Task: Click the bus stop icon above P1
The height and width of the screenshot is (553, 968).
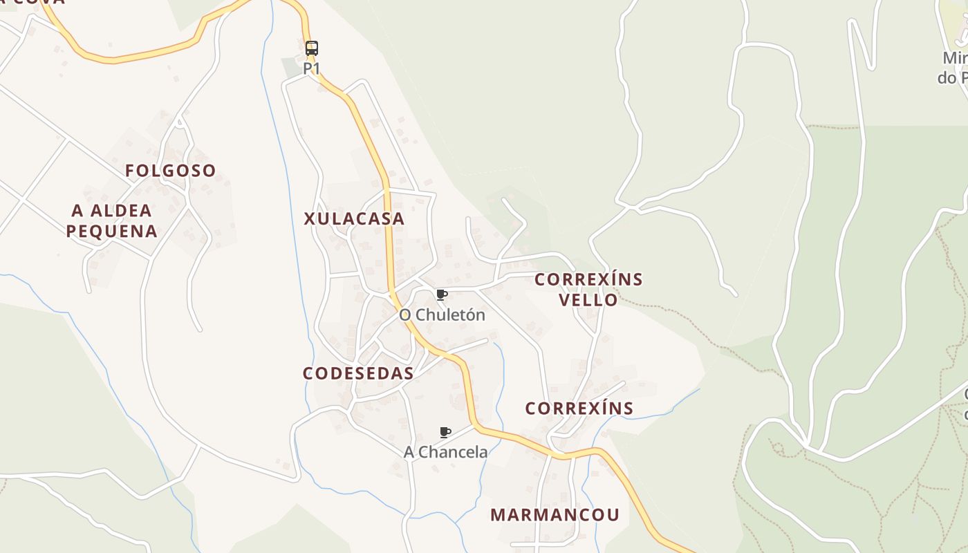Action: pyautogui.click(x=312, y=48)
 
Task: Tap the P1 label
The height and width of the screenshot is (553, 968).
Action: pyautogui.click(x=312, y=68)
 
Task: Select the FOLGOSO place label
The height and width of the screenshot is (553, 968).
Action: pyautogui.click(x=170, y=171)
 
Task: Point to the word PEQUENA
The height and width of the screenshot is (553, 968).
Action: pyautogui.click(x=112, y=231)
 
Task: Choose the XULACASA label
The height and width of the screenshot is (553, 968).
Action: pyautogui.click(x=354, y=219)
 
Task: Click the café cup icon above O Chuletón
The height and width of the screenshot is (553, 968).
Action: pyautogui.click(x=443, y=295)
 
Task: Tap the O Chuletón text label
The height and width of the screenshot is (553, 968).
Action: pyautogui.click(x=443, y=315)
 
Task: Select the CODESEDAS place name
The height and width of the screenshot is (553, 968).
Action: pyautogui.click(x=358, y=374)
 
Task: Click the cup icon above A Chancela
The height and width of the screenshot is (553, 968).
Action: pyautogui.click(x=445, y=433)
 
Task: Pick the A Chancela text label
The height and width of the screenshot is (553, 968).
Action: pyautogui.click(x=445, y=452)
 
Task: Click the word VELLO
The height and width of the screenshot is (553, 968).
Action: pyautogui.click(x=588, y=300)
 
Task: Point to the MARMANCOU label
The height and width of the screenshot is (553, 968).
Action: pyautogui.click(x=555, y=515)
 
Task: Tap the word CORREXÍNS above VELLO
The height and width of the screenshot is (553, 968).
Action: pyautogui.click(x=589, y=280)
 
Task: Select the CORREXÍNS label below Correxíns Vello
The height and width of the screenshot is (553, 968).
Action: pyautogui.click(x=579, y=409)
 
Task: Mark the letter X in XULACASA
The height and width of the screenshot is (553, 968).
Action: pyautogui.click(x=310, y=219)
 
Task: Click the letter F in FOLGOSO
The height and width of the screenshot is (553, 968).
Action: pyautogui.click(x=129, y=171)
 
